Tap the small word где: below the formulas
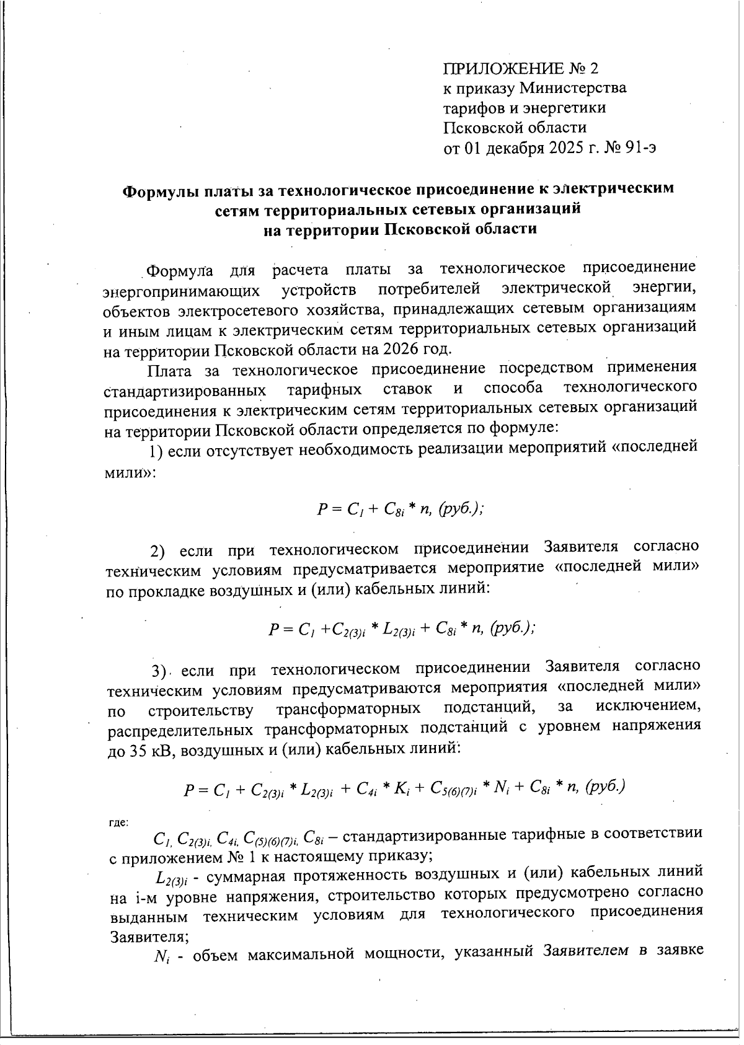(x=118, y=822)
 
